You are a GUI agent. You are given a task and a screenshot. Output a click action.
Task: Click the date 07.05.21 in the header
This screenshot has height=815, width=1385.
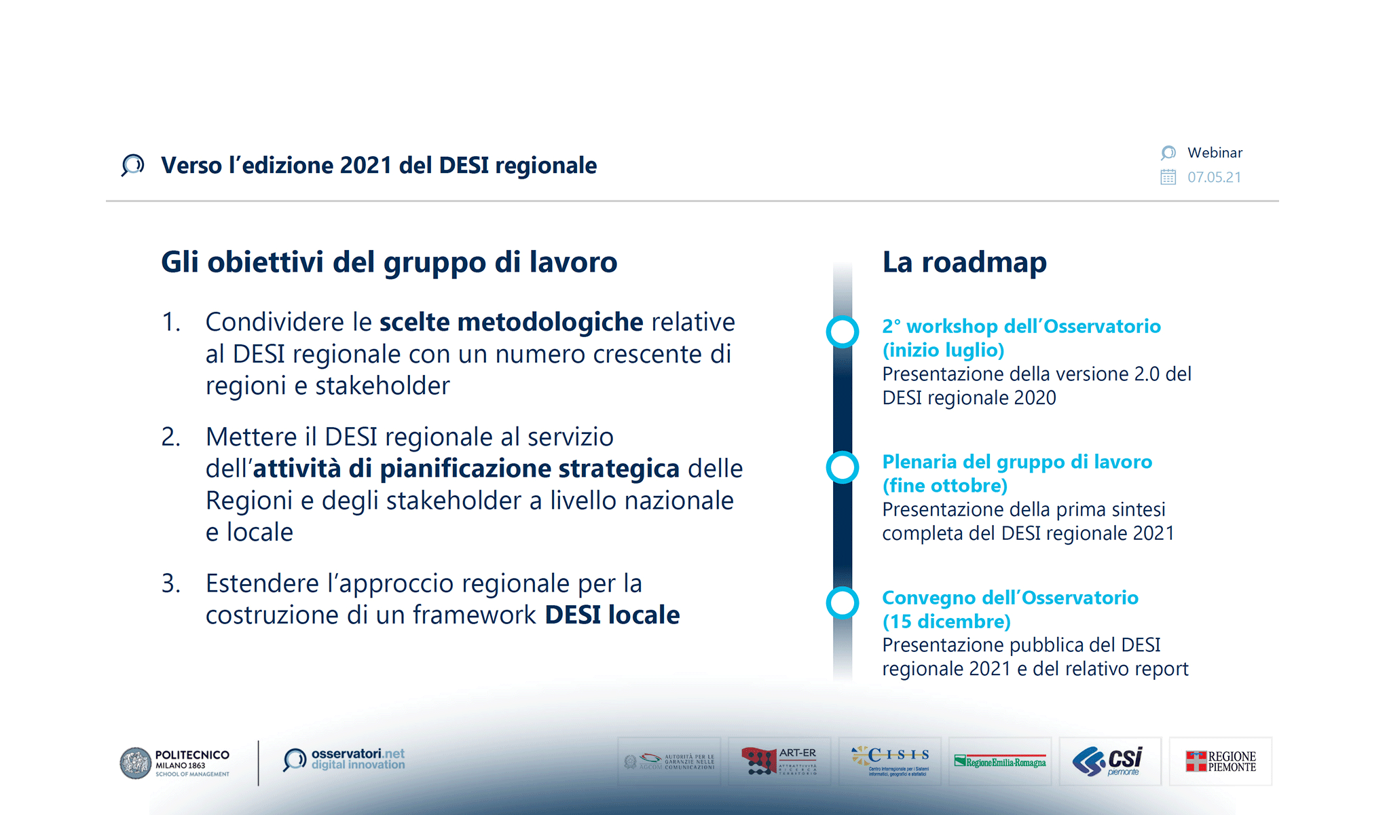click(1214, 177)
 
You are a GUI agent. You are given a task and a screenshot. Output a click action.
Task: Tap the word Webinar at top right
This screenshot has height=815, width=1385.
click(1215, 153)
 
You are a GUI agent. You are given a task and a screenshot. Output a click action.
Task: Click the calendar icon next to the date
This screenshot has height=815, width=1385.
click(1168, 177)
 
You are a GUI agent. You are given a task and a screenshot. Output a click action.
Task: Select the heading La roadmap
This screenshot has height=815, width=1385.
click(964, 262)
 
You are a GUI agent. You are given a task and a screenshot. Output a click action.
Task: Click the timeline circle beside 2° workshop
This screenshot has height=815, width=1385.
click(843, 332)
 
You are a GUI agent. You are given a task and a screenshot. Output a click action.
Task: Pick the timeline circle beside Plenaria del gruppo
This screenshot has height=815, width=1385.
click(843, 467)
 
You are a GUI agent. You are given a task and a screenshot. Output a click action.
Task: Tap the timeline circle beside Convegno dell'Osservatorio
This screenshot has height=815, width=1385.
click(843, 602)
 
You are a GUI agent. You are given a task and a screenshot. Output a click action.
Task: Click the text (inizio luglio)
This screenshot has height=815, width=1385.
click(943, 350)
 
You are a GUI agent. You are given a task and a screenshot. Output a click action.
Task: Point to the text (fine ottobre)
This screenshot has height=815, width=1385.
click(944, 486)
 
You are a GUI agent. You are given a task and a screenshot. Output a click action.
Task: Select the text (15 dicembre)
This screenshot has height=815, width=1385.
click(946, 621)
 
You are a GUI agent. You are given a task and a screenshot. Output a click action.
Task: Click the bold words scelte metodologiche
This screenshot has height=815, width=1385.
click(511, 323)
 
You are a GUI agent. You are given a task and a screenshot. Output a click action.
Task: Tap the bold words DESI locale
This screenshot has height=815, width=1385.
click(612, 615)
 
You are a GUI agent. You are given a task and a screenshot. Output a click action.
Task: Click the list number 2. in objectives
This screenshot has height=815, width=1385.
click(170, 437)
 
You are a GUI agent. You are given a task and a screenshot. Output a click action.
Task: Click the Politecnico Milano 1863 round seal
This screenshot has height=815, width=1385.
click(136, 763)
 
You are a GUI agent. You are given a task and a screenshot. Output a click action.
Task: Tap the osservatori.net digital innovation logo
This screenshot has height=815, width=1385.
click(344, 760)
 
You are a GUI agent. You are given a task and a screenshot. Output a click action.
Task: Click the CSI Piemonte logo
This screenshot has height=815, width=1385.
click(1109, 761)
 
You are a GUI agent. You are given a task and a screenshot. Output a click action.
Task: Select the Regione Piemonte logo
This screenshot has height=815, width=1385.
click(1220, 761)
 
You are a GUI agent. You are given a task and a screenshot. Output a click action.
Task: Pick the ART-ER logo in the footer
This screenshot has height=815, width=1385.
click(779, 761)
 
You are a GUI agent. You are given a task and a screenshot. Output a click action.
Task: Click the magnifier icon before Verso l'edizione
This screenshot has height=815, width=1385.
click(132, 165)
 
